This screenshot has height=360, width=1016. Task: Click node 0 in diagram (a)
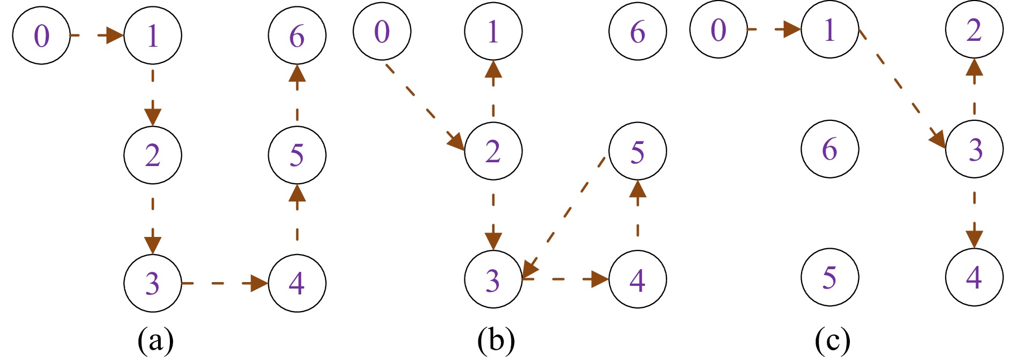point(41,35)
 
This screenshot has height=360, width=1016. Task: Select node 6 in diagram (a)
point(297,35)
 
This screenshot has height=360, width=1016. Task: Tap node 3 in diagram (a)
point(153,283)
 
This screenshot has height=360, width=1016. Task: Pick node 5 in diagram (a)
point(297,155)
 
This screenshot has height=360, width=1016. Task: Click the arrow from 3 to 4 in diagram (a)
point(225,283)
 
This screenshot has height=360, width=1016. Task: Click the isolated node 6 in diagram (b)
point(638,31)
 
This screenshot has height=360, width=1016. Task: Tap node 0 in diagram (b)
point(382,31)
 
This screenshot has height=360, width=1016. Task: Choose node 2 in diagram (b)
point(493,151)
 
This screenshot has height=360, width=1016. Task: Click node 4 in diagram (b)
point(638,279)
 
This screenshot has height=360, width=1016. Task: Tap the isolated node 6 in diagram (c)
point(829,149)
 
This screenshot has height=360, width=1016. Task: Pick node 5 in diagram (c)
point(829,277)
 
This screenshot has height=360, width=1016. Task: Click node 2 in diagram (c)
point(974,30)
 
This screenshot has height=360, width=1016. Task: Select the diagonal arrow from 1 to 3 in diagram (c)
point(902,89)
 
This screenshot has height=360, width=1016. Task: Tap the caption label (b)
point(496,340)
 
